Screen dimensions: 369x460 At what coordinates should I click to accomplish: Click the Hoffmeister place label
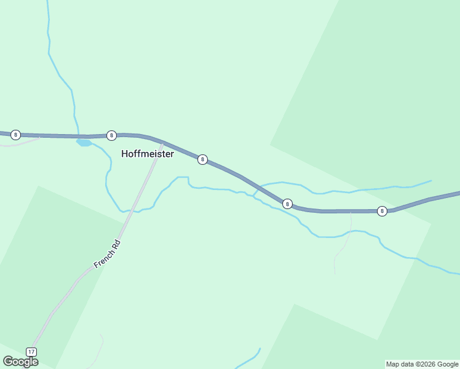(148, 154)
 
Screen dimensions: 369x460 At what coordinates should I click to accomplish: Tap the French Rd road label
(107, 253)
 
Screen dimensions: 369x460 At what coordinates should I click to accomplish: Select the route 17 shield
(31, 352)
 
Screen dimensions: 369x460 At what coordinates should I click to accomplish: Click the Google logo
(20, 362)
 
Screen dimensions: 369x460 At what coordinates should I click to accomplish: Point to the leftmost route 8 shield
(15, 135)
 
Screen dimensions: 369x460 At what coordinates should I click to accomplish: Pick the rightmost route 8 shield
(382, 211)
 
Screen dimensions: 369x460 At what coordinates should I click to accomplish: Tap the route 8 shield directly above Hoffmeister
(111, 135)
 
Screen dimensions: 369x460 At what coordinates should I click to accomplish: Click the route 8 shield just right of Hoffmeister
(202, 159)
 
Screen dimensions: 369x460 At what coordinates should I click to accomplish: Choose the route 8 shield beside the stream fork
(287, 203)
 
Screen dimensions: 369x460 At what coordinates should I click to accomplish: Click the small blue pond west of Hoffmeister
(84, 143)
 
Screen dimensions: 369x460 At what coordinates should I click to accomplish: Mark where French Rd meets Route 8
(162, 143)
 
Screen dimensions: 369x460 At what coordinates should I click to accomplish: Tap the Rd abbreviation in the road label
(116, 243)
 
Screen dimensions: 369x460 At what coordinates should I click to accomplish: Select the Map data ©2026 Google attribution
(422, 364)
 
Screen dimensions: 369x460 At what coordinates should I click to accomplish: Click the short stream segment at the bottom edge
(249, 360)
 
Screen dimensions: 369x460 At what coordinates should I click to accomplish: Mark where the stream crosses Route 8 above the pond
(78, 136)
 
